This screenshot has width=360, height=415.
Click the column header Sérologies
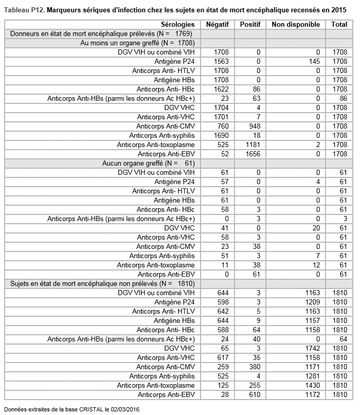coord(177,24)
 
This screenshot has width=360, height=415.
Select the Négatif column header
coord(217,24)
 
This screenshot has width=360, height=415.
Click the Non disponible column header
coord(296,24)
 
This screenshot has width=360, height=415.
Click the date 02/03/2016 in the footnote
coord(123,409)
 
